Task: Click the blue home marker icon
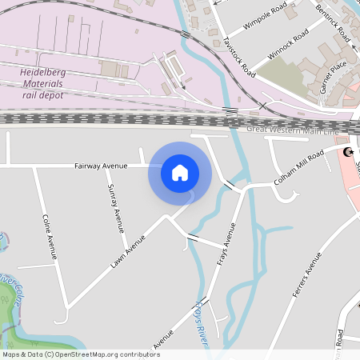click(180, 172)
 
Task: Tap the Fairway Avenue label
click(101, 166)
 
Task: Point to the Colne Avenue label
click(49, 237)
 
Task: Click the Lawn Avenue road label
click(128, 250)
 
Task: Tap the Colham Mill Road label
click(298, 166)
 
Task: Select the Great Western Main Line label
click(294, 129)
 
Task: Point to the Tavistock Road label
click(239, 55)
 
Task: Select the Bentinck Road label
click(333, 22)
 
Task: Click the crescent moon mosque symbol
click(348, 152)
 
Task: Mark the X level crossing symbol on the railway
click(262, 106)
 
